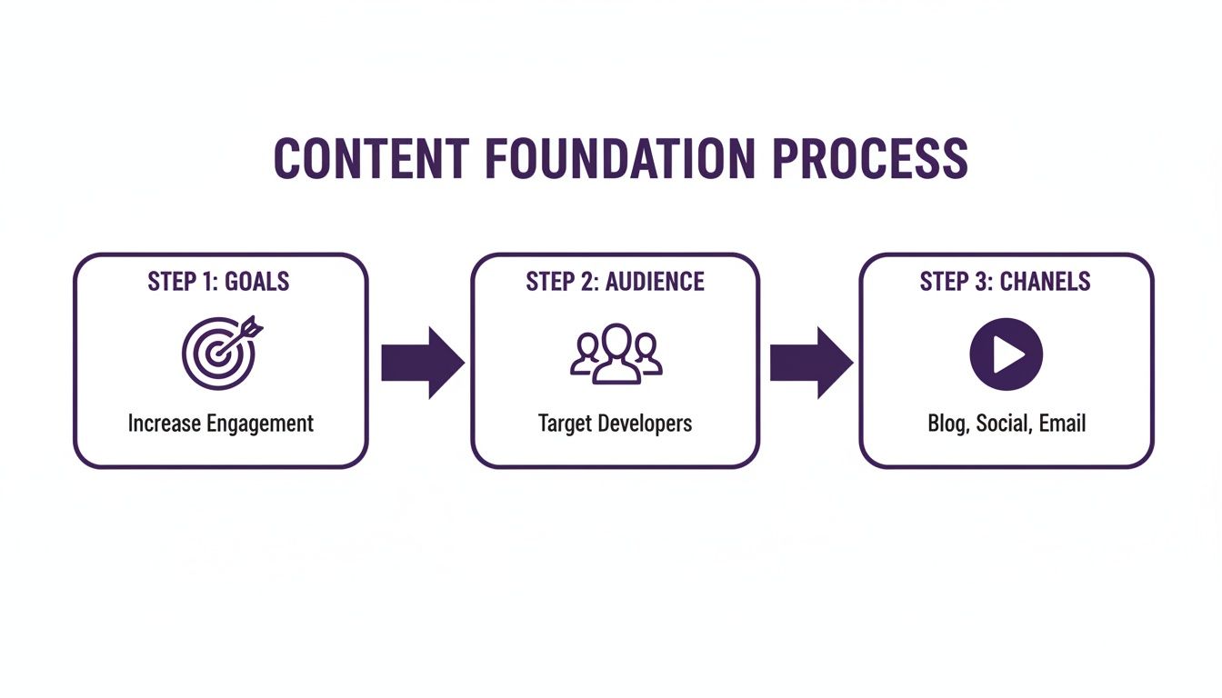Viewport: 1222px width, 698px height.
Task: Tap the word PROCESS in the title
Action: pyautogui.click(x=870, y=159)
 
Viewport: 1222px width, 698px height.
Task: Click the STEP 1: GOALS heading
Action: pyautogui.click(x=218, y=282)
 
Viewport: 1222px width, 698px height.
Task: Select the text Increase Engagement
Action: pyautogui.click(x=220, y=424)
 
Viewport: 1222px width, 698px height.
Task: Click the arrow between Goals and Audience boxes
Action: pyautogui.click(x=421, y=363)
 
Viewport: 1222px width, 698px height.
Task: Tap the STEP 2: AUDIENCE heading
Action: pyautogui.click(x=615, y=282)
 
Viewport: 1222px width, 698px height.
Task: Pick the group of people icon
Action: pyautogui.click(x=616, y=353)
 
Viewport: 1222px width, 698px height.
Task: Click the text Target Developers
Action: pyautogui.click(x=615, y=424)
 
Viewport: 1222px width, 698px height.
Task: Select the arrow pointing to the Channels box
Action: pyautogui.click(x=810, y=363)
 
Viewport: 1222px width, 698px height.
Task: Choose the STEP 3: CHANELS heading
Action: pyautogui.click(x=1005, y=282)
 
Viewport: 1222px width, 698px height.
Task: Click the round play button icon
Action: pyautogui.click(x=1006, y=354)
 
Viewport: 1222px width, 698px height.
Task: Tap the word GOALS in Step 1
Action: pyautogui.click(x=257, y=282)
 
